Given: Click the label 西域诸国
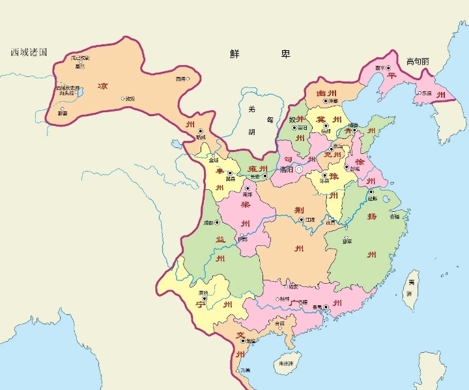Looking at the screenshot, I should pos(29,52).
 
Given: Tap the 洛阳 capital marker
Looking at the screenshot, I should pos(299,169).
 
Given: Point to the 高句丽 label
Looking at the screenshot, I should pos(417,61).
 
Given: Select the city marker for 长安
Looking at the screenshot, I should pos(265,175).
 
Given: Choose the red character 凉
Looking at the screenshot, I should pos(102,86).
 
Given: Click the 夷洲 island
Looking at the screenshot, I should pos(411,287).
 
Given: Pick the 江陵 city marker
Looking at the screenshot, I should pos(301,220).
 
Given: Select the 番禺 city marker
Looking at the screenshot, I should pos(326,307).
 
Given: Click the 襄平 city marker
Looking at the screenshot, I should pos(389,68).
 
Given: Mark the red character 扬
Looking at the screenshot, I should pos(372,215).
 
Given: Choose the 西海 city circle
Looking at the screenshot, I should pos(188,79).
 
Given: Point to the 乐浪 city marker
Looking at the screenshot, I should pos(418,93).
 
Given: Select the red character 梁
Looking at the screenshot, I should pos(246,204).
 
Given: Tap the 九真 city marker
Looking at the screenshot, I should pos(238,370).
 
